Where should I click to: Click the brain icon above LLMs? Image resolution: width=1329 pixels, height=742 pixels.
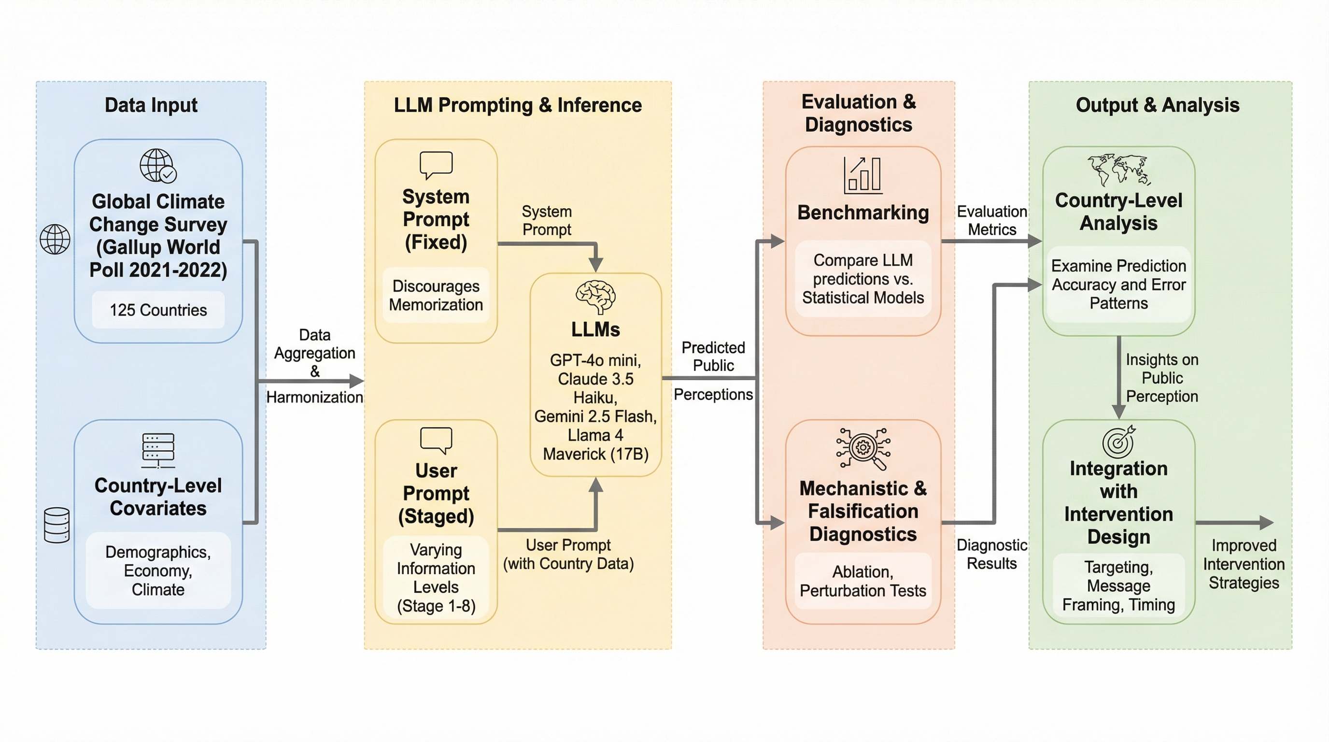[595, 297]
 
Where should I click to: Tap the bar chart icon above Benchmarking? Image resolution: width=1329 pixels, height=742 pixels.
[862, 175]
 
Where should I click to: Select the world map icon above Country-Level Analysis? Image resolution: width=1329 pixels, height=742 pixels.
[1118, 169]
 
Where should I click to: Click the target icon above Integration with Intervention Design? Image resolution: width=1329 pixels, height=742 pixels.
[1118, 442]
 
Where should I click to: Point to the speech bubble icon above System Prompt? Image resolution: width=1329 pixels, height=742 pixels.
[436, 165]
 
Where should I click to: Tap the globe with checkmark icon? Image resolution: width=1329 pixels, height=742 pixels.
[158, 166]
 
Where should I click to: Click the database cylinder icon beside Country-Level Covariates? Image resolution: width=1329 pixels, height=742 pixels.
[57, 525]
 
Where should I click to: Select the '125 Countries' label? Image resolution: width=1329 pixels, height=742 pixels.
[158, 310]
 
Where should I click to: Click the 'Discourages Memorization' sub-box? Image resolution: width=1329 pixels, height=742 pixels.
[436, 295]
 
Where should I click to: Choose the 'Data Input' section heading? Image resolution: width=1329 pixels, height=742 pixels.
[151, 105]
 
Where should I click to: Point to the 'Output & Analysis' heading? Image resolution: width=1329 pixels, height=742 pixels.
[1157, 105]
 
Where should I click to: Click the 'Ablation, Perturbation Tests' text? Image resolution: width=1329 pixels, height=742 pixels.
[862, 581]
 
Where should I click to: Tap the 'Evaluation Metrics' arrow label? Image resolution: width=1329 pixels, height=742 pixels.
[991, 220]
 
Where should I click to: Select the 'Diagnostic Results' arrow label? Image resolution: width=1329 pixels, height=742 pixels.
[991, 554]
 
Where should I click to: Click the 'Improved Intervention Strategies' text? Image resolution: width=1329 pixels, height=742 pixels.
[1244, 564]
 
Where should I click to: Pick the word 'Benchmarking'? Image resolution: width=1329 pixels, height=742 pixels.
[862, 213]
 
